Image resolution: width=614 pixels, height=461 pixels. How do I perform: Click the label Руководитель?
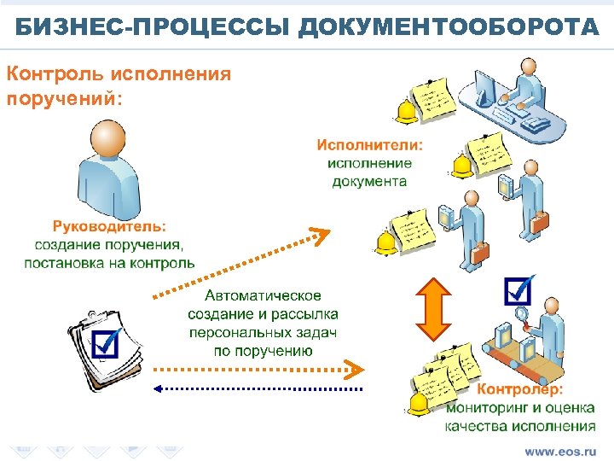[x=110, y=227]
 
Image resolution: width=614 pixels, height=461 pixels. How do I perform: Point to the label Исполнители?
[x=370, y=146]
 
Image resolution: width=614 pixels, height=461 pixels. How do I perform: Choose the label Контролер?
[x=520, y=389]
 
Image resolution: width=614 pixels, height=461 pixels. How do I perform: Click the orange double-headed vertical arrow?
[x=432, y=308]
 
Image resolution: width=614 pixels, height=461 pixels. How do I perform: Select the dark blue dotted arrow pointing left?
[x=256, y=388]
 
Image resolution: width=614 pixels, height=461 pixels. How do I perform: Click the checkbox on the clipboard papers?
[x=107, y=343]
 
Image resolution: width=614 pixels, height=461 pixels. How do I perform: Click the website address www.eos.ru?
[x=559, y=449]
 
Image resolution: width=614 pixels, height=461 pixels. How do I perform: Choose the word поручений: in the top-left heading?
[x=65, y=97]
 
